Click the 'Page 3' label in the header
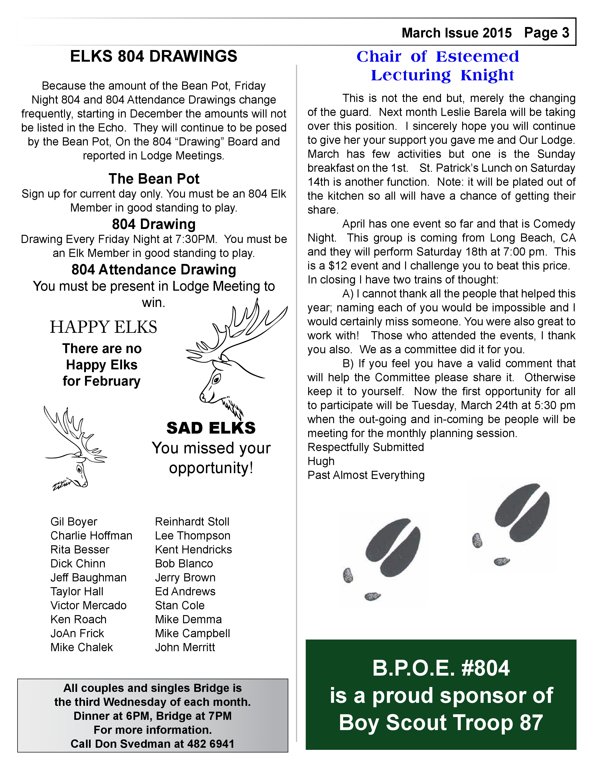pyautogui.click(x=546, y=33)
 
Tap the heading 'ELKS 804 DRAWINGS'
pyautogui.click(x=154, y=57)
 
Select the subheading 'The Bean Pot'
pyautogui.click(x=154, y=179)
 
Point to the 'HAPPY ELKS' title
pyautogui.click(x=103, y=327)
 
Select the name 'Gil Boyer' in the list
pyautogui.click(x=74, y=522)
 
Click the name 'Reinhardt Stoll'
pyautogui.click(x=192, y=522)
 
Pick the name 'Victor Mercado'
pyautogui.click(x=88, y=605)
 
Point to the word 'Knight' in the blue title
pyautogui.click(x=487, y=75)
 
